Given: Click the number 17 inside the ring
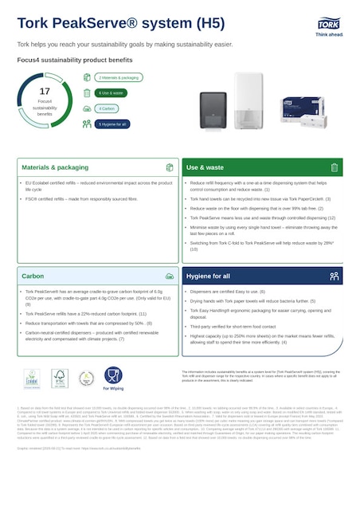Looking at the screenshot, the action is coord(45,92).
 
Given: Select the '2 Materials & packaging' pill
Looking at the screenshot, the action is coord(119,77).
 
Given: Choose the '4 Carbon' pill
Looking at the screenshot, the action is coord(108,108).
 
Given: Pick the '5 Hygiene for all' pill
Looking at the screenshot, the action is coord(113,124).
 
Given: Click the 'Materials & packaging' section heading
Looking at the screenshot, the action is coord(55,168).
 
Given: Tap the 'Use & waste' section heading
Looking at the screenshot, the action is coord(205,168).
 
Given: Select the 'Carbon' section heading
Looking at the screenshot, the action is coord(33,277).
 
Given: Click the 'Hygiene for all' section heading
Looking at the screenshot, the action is coord(209,277).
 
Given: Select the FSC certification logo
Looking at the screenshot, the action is coord(58,378).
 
